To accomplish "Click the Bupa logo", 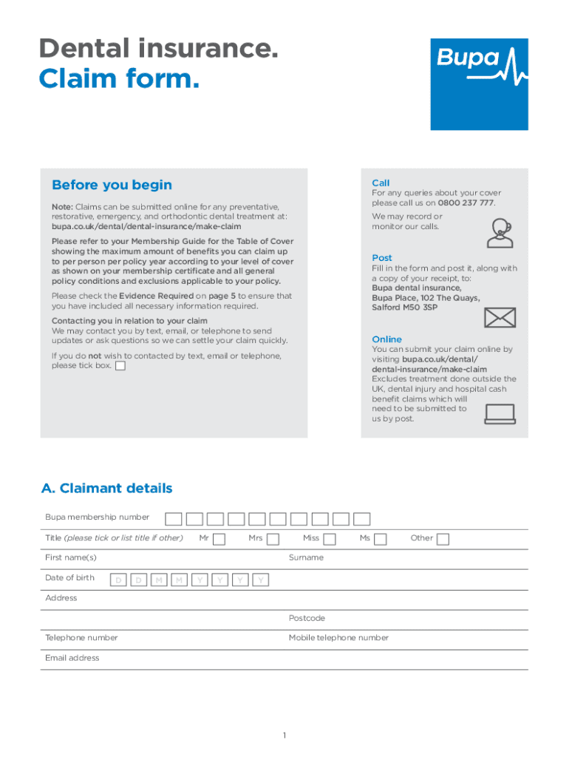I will point(479,84).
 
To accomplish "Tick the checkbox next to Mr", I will point(219,539).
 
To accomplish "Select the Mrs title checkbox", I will point(273,539).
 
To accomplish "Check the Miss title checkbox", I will point(330,539).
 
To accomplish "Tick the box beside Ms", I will point(380,539).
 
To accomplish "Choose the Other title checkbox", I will point(443,539).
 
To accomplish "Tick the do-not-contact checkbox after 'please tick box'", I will point(120,366).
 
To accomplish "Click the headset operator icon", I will point(500,232).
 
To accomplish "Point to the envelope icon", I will point(500,318).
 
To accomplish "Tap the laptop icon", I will point(500,414).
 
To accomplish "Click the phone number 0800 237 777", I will point(466,203).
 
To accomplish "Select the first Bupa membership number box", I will point(173,519).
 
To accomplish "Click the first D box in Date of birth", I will point(117,580).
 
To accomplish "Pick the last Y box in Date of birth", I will point(260,580).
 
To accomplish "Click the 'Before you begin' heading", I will point(112,185).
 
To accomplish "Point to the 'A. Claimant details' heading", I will point(107,488).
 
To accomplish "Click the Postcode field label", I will point(307,618).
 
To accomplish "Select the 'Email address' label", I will point(72,658).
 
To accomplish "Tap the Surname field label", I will point(306,557).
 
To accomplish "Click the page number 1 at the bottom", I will point(284,736).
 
